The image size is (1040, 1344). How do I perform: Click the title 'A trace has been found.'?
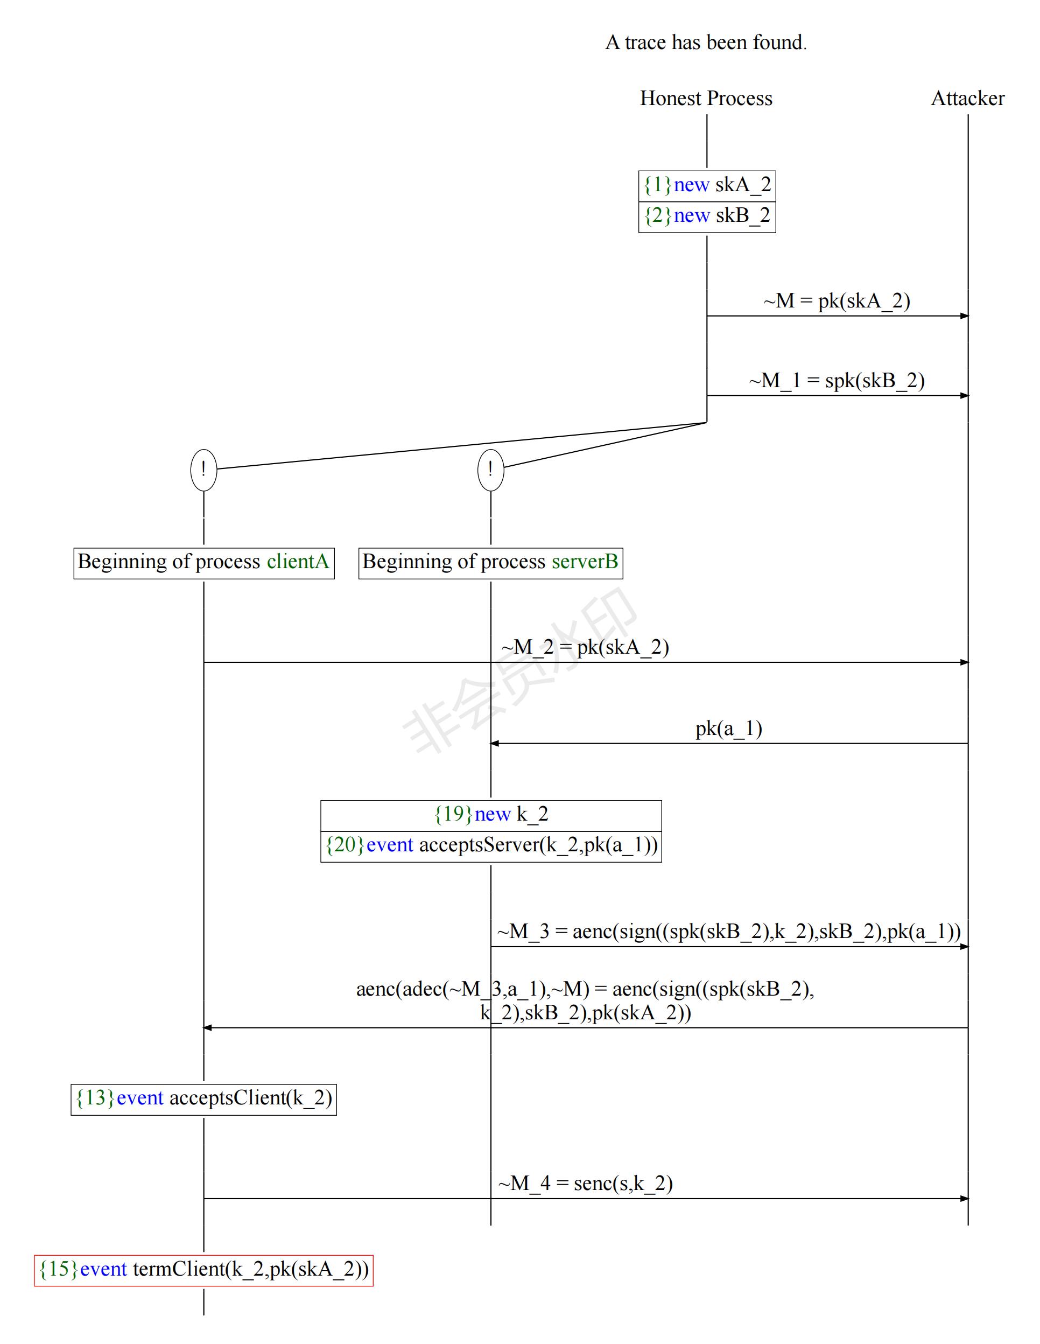click(x=706, y=43)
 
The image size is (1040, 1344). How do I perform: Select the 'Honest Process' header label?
click(x=706, y=99)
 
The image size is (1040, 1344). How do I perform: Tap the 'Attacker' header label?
click(x=967, y=99)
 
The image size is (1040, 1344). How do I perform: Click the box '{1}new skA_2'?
click(x=707, y=185)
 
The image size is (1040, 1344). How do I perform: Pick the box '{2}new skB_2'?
click(x=707, y=216)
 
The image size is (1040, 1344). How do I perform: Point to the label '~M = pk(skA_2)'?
click(x=837, y=301)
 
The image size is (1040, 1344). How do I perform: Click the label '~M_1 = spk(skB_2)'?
click(x=837, y=381)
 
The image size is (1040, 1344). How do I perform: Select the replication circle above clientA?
click(x=203, y=470)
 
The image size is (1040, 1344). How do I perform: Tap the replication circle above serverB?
click(x=490, y=470)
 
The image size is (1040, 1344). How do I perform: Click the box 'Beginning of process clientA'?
click(x=203, y=563)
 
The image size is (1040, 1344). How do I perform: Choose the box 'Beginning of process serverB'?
click(x=490, y=563)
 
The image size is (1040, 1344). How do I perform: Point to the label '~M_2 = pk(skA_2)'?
click(x=585, y=647)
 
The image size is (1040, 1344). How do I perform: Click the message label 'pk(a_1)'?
click(x=729, y=729)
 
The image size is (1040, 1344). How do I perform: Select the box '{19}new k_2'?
click(x=490, y=815)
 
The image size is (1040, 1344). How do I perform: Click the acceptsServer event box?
click(x=490, y=845)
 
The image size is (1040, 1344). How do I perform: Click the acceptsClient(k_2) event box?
click(x=203, y=1098)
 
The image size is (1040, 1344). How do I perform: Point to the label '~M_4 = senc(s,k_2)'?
click(x=585, y=1184)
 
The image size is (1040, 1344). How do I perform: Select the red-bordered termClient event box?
click(x=203, y=1270)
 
